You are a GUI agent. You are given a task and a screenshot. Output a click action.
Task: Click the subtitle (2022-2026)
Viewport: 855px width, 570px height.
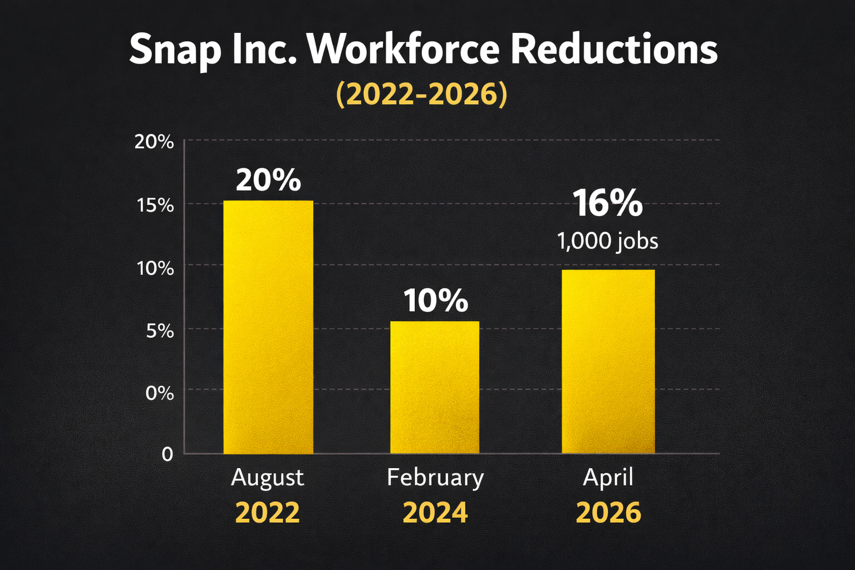point(421,94)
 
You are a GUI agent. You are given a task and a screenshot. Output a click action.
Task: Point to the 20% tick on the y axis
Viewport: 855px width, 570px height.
point(154,142)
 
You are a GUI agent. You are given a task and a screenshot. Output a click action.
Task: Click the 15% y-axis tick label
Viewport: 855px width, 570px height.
point(155,205)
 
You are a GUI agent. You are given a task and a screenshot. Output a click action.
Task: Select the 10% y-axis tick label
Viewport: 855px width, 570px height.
point(155,268)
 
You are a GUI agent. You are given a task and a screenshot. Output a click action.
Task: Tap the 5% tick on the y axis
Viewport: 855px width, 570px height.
point(160,331)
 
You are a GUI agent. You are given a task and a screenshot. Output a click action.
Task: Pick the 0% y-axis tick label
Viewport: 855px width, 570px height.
point(160,394)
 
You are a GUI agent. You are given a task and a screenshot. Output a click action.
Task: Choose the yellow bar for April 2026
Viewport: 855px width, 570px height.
point(608,362)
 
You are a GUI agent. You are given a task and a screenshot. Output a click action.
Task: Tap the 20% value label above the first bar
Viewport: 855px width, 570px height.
point(268,180)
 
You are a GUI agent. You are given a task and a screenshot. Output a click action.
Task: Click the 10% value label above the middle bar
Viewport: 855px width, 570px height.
point(435,301)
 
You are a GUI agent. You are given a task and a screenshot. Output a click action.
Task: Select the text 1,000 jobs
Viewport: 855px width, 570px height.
point(607,242)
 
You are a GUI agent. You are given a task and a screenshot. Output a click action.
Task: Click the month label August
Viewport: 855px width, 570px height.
point(267,478)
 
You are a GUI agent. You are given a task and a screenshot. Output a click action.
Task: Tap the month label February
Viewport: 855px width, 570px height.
point(435,478)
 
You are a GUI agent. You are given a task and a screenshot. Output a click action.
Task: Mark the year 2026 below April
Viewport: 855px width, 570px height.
point(608,513)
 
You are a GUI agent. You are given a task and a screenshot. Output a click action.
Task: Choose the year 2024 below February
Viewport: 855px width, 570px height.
point(435,513)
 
